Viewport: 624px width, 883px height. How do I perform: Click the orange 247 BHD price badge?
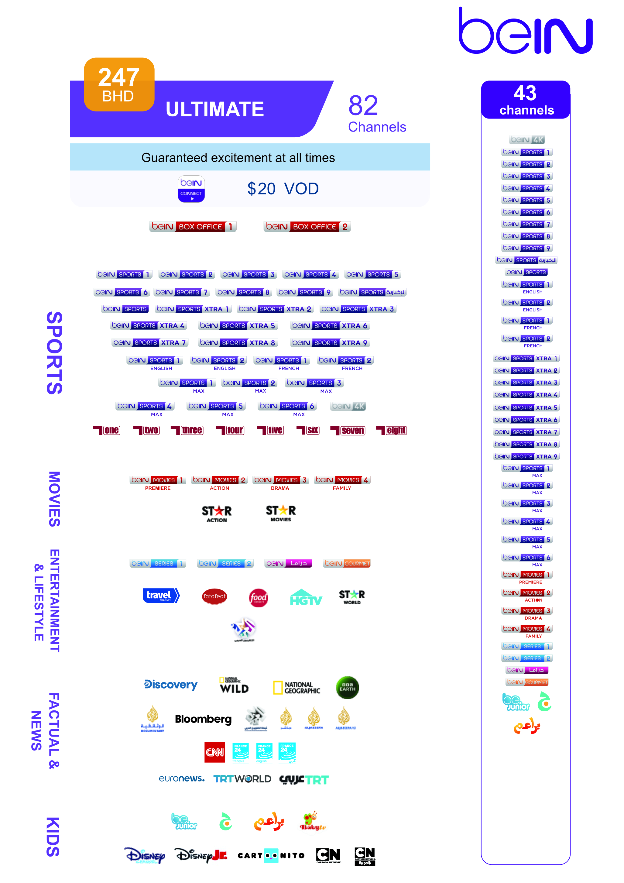pos(119,84)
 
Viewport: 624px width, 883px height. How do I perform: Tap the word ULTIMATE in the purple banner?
pos(214,109)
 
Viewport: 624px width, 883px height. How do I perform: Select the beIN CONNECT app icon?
pos(191,189)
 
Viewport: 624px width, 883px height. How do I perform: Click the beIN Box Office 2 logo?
pos(307,226)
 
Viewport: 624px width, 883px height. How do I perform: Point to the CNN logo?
pos(214,752)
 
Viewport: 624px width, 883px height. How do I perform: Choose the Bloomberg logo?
pos(203,719)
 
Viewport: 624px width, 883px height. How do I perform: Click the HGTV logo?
pos(306,598)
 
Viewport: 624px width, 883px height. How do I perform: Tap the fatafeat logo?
pos(214,596)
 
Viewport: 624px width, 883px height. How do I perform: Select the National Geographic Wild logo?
pos(234,685)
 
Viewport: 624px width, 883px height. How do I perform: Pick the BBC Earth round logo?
pos(347,687)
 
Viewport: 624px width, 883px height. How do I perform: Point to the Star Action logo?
pos(217,514)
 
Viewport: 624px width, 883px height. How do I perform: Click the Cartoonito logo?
pos(271,856)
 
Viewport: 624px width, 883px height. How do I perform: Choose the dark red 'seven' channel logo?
pos(348,430)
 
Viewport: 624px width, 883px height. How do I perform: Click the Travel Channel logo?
pos(161,595)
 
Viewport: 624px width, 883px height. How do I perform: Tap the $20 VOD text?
pos(283,189)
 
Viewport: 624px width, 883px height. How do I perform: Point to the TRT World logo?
pos(242,779)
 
